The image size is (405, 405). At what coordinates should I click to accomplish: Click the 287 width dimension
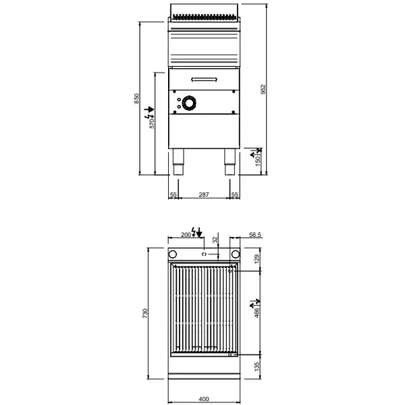(204, 194)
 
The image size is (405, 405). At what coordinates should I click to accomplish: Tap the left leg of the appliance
(178, 161)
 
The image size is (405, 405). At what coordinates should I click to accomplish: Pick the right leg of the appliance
(229, 161)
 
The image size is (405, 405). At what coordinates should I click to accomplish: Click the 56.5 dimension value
(254, 235)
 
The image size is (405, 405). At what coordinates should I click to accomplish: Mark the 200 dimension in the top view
(186, 235)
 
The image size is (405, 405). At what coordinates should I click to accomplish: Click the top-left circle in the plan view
(172, 254)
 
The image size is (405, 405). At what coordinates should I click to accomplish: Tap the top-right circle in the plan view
(236, 254)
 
